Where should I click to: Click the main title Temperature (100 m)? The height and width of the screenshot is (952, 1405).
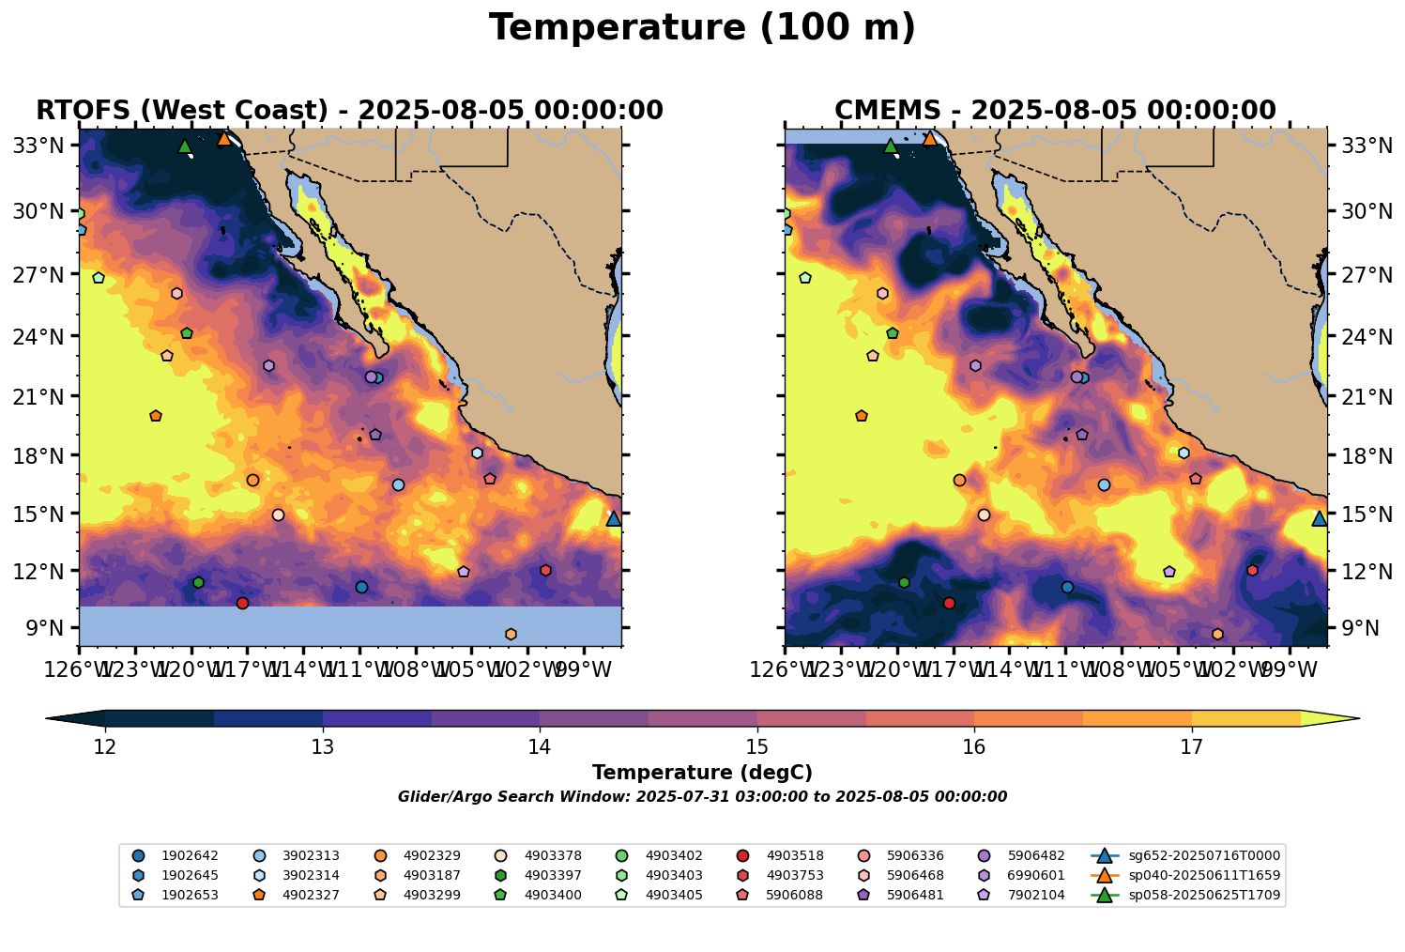(702, 28)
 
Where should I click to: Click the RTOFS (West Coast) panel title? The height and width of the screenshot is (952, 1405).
(349, 111)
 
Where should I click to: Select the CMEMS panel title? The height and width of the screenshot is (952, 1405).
(1055, 111)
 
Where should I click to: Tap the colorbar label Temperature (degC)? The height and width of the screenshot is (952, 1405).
(702, 773)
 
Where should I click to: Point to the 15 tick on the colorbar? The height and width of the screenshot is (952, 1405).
(757, 746)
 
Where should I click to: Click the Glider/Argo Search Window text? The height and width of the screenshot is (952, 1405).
(702, 797)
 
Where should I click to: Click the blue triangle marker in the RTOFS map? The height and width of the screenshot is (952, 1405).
(614, 518)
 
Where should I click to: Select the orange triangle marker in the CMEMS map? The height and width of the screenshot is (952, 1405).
(930, 139)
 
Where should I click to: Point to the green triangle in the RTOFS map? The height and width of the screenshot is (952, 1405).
(185, 146)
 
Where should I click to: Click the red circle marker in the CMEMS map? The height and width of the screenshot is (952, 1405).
(949, 603)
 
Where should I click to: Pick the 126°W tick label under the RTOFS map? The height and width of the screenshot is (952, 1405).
(79, 672)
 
